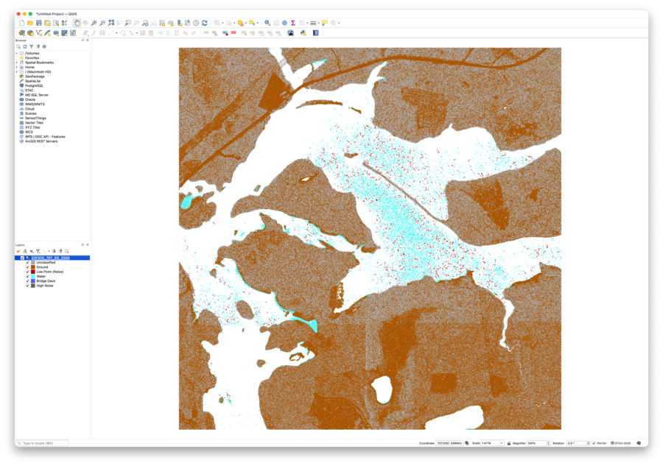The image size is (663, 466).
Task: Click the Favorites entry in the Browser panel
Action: coord(32,58)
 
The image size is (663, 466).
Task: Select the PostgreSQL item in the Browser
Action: coord(34,85)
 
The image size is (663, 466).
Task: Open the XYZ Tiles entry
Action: coord(32,127)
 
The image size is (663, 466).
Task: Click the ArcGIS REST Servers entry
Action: coord(41,141)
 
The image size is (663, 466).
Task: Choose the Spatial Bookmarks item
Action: coord(39,63)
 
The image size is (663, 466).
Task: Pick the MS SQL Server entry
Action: coord(37,95)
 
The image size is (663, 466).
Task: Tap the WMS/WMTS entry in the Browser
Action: coord(35,105)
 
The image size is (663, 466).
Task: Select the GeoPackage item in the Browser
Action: coord(35,77)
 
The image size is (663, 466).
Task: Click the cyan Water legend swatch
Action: coord(33,277)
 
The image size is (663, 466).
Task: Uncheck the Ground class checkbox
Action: coord(28,267)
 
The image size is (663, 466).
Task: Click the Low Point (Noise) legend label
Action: coord(49,272)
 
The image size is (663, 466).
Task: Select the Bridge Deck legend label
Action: coord(45,281)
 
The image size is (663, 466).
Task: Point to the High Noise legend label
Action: coord(44,286)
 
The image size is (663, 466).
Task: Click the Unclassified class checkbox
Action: coord(28,263)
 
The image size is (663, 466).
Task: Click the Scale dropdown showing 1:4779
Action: coord(492,443)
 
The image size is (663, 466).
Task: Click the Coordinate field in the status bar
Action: coord(449,443)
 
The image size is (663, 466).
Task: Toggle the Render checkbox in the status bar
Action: coord(594,443)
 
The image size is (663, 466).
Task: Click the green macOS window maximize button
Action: coord(30,14)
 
